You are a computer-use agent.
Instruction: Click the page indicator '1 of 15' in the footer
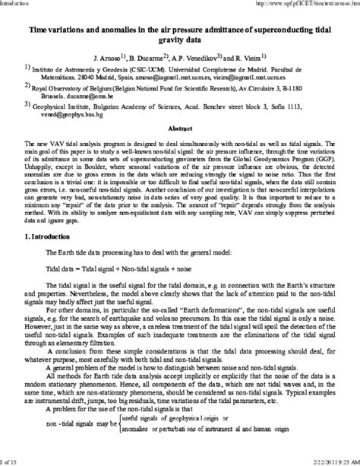[11, 461]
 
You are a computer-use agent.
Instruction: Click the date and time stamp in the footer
[329, 461]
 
